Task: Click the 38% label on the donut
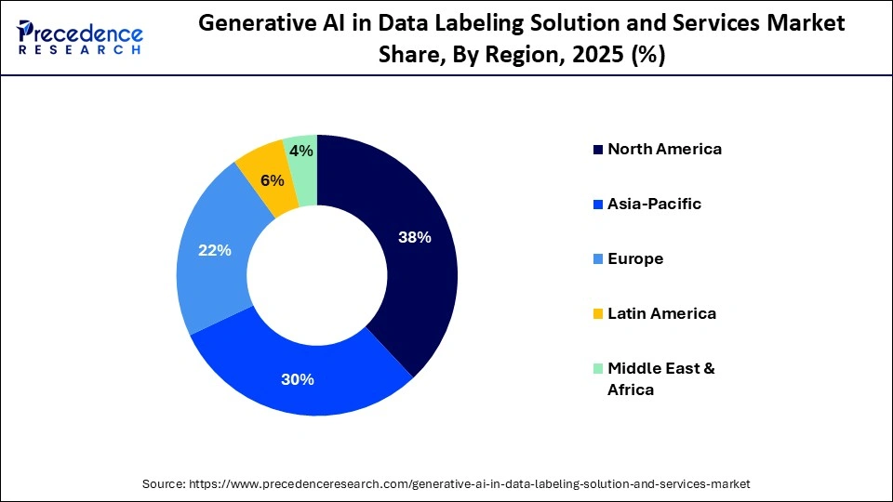[415, 237]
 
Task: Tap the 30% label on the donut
[298, 379]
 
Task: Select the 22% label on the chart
[215, 250]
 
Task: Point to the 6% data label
[272, 180]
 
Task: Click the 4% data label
[300, 151]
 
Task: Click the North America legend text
[664, 149]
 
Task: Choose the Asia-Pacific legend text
[654, 204]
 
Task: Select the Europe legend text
[635, 258]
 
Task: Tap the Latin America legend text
[661, 313]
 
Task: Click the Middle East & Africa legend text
[660, 378]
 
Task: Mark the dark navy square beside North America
[598, 149]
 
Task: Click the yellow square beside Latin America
[598, 313]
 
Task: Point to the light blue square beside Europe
[598, 258]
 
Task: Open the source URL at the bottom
[469, 483]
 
